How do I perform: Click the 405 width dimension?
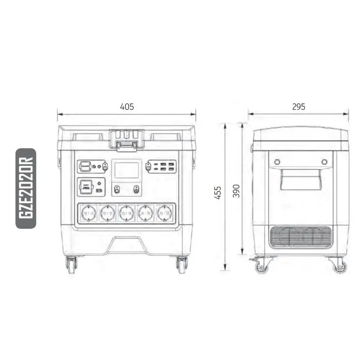[127, 107]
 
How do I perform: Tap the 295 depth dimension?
[298, 107]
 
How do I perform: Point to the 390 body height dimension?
[236, 191]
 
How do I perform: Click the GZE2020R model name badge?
[26, 188]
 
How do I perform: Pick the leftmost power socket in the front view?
[89, 213]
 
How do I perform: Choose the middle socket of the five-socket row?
[126, 213]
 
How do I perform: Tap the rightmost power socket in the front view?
[165, 213]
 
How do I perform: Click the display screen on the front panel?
[126, 170]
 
